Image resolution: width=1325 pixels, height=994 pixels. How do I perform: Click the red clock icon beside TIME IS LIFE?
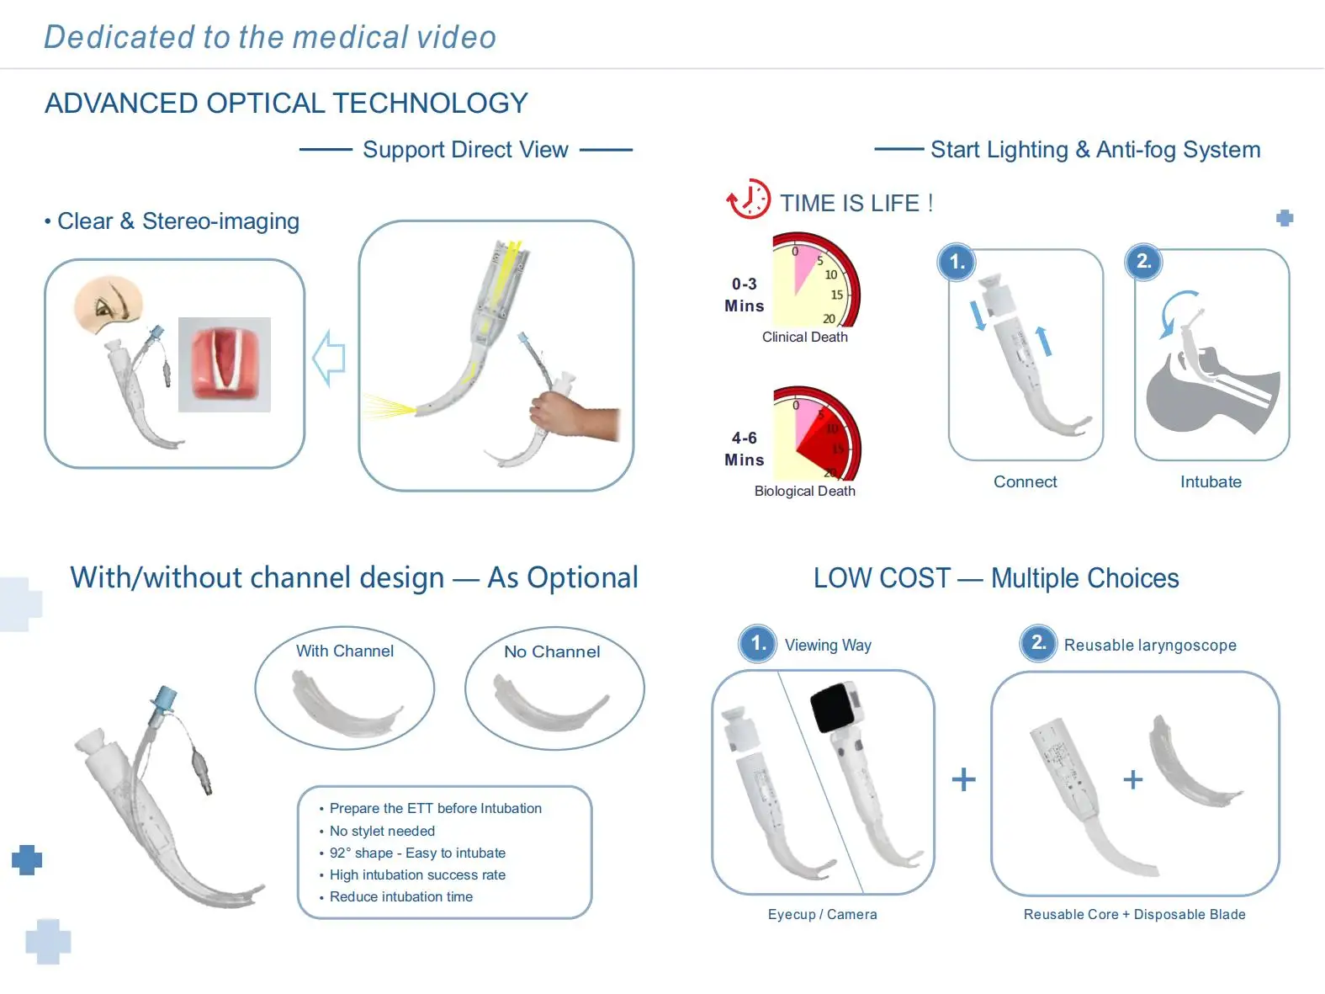click(x=748, y=199)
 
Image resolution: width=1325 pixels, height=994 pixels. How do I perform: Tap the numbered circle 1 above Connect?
click(x=957, y=262)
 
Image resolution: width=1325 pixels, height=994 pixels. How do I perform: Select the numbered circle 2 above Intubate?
click(x=1143, y=261)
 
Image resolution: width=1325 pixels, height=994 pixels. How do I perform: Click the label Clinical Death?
click(x=804, y=337)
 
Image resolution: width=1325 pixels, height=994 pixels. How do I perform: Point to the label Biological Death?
click(x=804, y=491)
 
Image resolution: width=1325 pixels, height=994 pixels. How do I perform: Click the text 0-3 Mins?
click(x=744, y=295)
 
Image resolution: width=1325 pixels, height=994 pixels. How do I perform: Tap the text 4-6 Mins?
click(x=744, y=449)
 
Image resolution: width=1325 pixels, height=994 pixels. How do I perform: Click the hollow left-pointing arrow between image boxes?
click(x=329, y=359)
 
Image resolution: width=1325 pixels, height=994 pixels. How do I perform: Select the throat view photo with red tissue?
click(x=225, y=364)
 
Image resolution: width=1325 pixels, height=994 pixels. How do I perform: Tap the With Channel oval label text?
click(x=344, y=651)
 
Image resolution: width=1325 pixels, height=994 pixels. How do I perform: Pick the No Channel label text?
click(x=552, y=651)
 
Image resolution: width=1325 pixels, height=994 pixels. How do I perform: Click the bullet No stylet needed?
click(x=382, y=831)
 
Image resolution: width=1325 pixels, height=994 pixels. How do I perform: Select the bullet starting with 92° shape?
click(x=417, y=853)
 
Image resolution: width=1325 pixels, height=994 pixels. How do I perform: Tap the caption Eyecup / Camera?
click(x=822, y=914)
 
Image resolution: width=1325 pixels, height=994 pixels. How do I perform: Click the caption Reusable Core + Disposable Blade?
click(x=1134, y=914)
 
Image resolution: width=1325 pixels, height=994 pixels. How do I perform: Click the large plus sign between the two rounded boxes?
click(x=963, y=779)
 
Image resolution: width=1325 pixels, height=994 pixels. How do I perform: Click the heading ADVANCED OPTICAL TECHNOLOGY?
click(x=286, y=103)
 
